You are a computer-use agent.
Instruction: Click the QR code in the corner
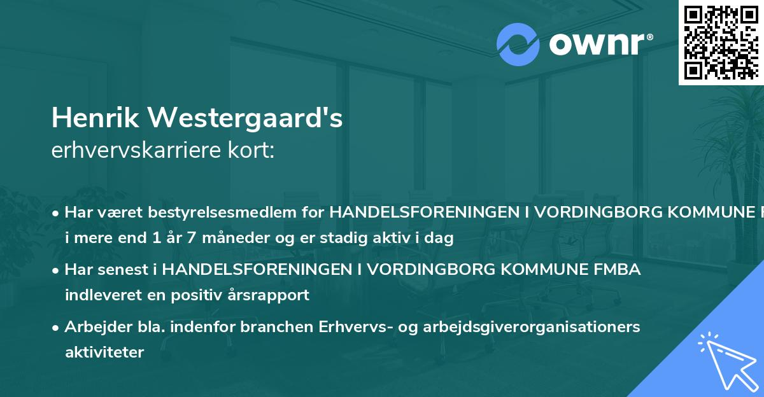tap(721, 42)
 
